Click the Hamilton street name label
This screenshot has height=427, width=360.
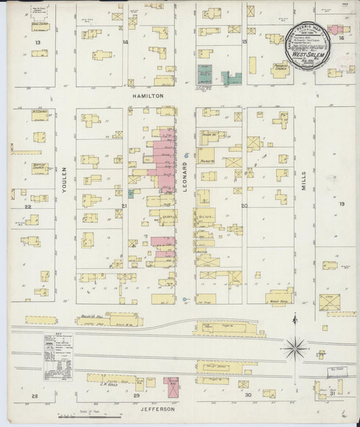pyautogui.click(x=152, y=97)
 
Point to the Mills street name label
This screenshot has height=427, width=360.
pyautogui.click(x=304, y=178)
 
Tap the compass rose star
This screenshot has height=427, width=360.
pyautogui.click(x=294, y=349)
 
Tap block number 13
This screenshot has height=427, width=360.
pyautogui.click(x=38, y=42)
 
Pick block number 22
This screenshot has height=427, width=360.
pyautogui.click(x=28, y=207)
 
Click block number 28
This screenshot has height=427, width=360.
pyautogui.click(x=34, y=395)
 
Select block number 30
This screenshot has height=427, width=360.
pyautogui.click(x=248, y=395)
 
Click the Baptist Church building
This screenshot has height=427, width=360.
pyautogui.click(x=39, y=168)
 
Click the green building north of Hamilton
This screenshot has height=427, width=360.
pyautogui.click(x=204, y=74)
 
